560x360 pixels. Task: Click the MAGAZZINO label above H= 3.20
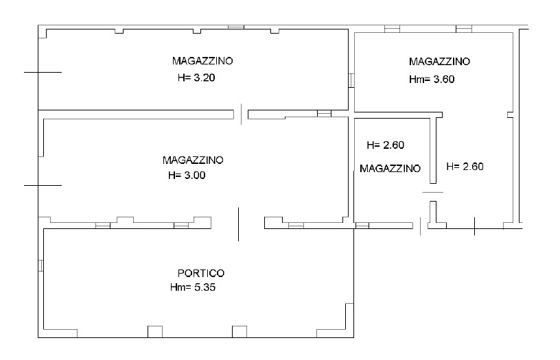click(x=202, y=61)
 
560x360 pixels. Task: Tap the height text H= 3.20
click(x=196, y=77)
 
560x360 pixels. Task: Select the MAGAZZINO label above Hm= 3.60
click(x=439, y=62)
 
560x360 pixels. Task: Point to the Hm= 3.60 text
click(x=432, y=80)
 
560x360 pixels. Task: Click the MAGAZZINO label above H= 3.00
click(x=193, y=160)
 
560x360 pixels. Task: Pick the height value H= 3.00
click(x=187, y=176)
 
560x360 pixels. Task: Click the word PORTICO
click(x=201, y=274)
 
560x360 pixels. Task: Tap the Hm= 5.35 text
click(x=193, y=287)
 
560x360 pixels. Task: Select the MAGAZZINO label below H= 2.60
click(x=390, y=169)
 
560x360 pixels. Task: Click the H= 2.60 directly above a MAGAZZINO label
click(x=386, y=145)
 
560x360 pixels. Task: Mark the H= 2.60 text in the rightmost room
click(x=465, y=167)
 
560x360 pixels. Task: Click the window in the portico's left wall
click(x=40, y=265)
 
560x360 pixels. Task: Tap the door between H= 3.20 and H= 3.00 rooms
click(x=241, y=115)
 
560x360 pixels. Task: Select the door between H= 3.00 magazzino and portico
click(x=238, y=224)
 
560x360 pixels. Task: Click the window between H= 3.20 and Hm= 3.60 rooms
click(x=351, y=80)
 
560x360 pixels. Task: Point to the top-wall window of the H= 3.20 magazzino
click(x=236, y=27)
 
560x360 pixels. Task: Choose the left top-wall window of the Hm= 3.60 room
click(x=392, y=29)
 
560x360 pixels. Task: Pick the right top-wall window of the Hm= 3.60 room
click(x=464, y=29)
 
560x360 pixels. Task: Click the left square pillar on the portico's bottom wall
click(x=155, y=331)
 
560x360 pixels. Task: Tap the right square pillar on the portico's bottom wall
click(x=240, y=331)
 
